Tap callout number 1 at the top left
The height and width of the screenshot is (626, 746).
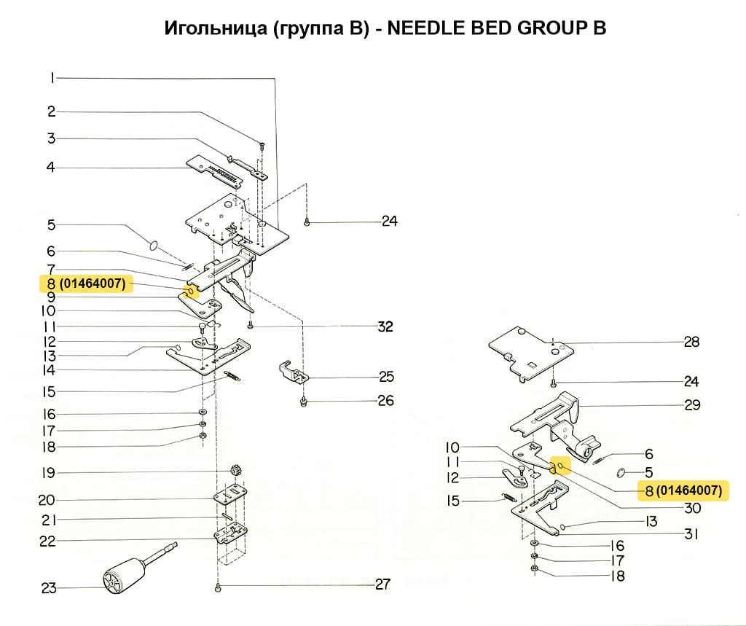(x=52, y=78)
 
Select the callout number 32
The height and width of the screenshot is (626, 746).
(x=385, y=326)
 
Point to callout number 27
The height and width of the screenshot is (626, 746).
(x=382, y=584)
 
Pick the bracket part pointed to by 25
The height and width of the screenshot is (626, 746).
(x=294, y=372)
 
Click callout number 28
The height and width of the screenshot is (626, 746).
(x=691, y=341)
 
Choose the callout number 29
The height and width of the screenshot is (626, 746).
(x=691, y=404)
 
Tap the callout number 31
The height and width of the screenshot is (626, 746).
(x=691, y=534)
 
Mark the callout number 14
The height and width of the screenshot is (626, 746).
(x=48, y=370)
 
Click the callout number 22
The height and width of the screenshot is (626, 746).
(x=47, y=541)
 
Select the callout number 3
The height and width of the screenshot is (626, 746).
(x=52, y=138)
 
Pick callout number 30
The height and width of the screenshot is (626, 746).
(x=691, y=509)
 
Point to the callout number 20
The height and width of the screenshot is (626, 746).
(x=47, y=500)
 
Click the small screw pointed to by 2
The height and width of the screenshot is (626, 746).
(x=263, y=146)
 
